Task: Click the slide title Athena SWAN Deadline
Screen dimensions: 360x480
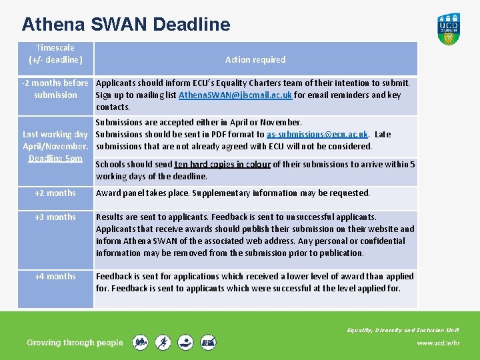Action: point(126,25)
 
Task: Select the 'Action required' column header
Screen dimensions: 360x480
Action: point(255,59)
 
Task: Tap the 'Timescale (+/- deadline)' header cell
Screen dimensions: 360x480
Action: point(55,53)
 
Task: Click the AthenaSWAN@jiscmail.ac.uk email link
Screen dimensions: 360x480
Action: point(235,95)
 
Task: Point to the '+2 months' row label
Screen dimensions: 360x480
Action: point(55,193)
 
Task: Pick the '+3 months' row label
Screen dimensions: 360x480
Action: point(55,217)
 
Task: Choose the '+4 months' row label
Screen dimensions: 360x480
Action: point(55,276)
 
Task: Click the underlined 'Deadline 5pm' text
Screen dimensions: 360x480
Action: point(55,158)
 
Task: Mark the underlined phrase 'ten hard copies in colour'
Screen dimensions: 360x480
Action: point(222,164)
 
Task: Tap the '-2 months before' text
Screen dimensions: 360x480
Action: point(55,83)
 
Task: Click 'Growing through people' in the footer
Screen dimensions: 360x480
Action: point(75,343)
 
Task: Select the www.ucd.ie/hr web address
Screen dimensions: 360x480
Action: point(438,343)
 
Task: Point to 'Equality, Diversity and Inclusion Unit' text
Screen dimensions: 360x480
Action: point(403,330)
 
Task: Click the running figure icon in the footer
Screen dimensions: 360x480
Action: point(163,343)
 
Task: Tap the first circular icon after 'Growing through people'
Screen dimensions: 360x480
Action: point(140,343)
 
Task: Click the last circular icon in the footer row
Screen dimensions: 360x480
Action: point(209,343)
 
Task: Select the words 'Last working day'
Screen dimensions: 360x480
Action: point(55,134)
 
